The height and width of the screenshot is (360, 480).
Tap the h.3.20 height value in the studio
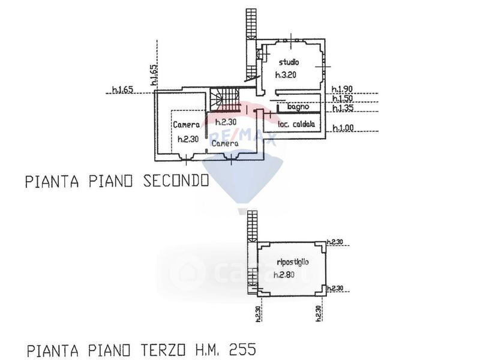(286, 75)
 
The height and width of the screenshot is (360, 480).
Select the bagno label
(298, 107)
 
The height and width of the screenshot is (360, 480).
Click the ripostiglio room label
(293, 262)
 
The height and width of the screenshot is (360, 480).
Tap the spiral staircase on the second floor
(225, 98)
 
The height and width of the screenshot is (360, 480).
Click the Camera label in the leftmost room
(187, 125)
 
